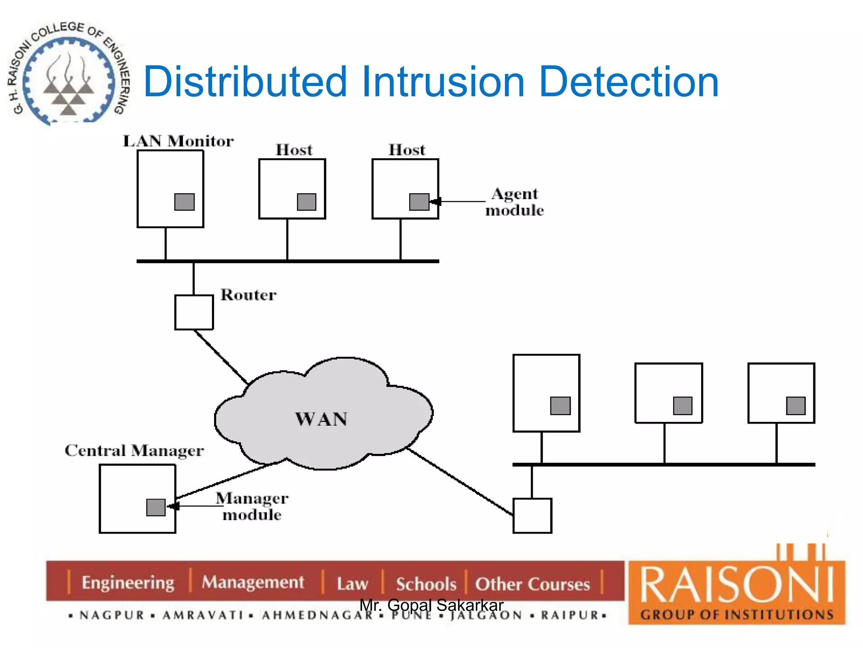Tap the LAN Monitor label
pyautogui.click(x=178, y=141)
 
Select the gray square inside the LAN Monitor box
pyautogui.click(x=184, y=202)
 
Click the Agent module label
pyautogui.click(x=515, y=202)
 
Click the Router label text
pyautogui.click(x=248, y=294)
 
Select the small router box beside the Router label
pyautogui.click(x=194, y=312)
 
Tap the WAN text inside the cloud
pyautogui.click(x=322, y=419)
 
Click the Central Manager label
pyautogui.click(x=134, y=451)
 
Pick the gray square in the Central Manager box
pyautogui.click(x=155, y=507)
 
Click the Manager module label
pyautogui.click(x=252, y=506)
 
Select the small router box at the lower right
pyautogui.click(x=532, y=516)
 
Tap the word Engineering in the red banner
pyautogui.click(x=128, y=583)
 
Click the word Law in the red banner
pyautogui.click(x=352, y=584)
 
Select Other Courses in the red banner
pyautogui.click(x=532, y=584)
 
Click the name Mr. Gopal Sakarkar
pyautogui.click(x=431, y=605)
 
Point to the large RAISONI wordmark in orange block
pyautogui.click(x=737, y=585)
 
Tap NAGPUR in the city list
pyautogui.click(x=112, y=615)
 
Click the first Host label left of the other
pyautogui.click(x=294, y=150)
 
